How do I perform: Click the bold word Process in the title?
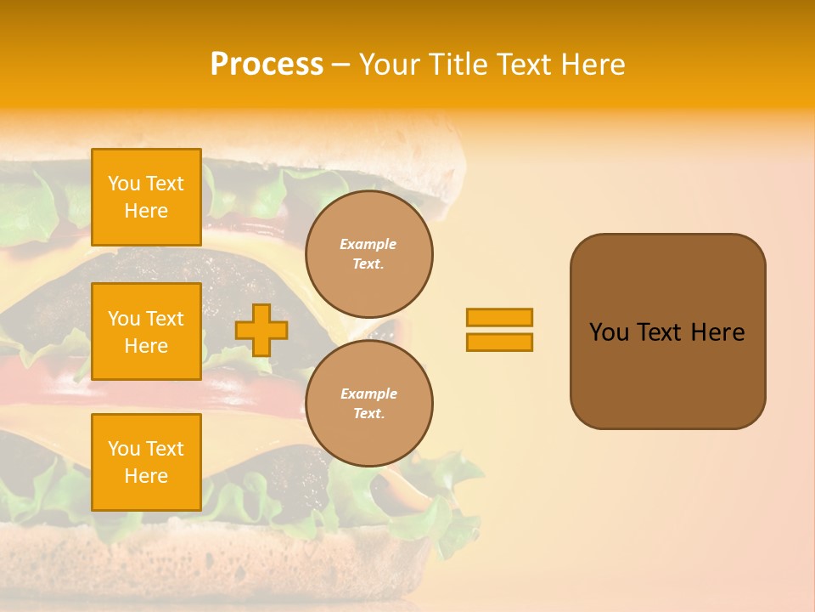267,65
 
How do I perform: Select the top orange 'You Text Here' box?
146,197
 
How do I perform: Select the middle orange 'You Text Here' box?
146,331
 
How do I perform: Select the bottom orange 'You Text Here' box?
146,462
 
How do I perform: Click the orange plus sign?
261,330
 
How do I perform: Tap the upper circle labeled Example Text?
369,254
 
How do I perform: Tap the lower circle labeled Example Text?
369,404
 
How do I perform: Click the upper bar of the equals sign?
499,317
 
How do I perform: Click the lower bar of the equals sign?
499,342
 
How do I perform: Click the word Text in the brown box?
659,332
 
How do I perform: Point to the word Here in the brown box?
717,332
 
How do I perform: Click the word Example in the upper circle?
368,244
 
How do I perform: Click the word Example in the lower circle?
368,394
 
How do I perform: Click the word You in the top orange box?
124,184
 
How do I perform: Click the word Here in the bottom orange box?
146,476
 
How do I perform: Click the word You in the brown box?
609,332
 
